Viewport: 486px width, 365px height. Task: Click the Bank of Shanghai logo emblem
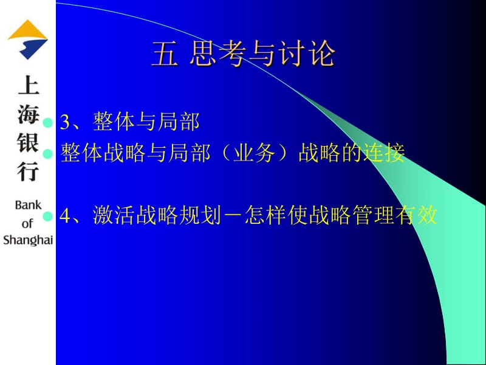[x=27, y=40]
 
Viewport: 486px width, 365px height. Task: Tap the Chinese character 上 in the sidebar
[x=27, y=86]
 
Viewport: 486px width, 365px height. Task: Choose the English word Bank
[x=28, y=205]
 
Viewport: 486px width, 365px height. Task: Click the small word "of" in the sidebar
[x=28, y=223]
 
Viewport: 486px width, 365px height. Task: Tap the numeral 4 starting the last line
[x=66, y=215]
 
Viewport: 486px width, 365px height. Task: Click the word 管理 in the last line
[x=370, y=215]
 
